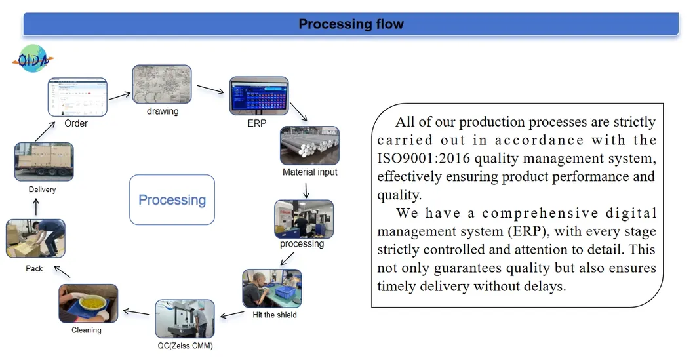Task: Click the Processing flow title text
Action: click(x=351, y=24)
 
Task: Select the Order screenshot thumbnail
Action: click(x=77, y=97)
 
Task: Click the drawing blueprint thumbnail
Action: click(x=162, y=84)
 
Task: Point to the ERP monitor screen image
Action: click(x=258, y=96)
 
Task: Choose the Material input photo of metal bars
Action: click(x=309, y=146)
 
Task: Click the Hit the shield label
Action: click(x=275, y=315)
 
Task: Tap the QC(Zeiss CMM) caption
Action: click(x=185, y=346)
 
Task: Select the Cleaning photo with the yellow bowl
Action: click(x=88, y=303)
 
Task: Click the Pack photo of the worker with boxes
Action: click(x=35, y=238)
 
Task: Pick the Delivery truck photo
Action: click(x=44, y=162)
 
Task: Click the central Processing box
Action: click(x=172, y=200)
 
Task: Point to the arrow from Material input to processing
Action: click(x=306, y=190)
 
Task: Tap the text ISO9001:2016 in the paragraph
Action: click(x=423, y=158)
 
